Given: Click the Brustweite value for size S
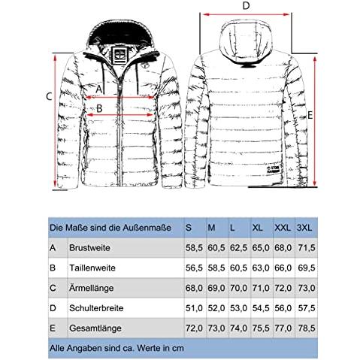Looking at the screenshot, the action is (x=194, y=248).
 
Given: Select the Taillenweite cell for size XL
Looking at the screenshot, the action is (x=261, y=268).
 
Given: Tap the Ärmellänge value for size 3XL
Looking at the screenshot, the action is (x=307, y=288).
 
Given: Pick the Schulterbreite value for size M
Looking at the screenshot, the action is (x=216, y=308).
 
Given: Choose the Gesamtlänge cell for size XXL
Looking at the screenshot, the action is (x=283, y=328).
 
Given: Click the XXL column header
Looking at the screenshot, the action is (x=283, y=228).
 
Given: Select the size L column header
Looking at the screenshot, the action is (x=232, y=228).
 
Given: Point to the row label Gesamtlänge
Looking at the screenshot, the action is (x=95, y=328).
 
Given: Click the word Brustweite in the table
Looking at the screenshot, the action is (x=89, y=248).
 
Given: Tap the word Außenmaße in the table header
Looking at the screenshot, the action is (x=147, y=228).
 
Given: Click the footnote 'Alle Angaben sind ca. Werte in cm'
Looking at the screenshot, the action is (x=116, y=348).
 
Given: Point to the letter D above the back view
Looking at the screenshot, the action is (x=247, y=6).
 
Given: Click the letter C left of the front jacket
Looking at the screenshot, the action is (x=49, y=96).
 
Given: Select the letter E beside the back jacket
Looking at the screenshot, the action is (x=310, y=116).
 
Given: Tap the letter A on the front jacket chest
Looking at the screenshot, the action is (x=99, y=89).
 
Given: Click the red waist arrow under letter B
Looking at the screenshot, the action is (x=120, y=115).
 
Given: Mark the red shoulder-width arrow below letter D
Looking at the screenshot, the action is (x=247, y=14).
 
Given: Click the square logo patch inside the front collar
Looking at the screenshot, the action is (x=118, y=56).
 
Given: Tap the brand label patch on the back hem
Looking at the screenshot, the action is (x=274, y=169).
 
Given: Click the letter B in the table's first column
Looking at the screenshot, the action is (x=53, y=268).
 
